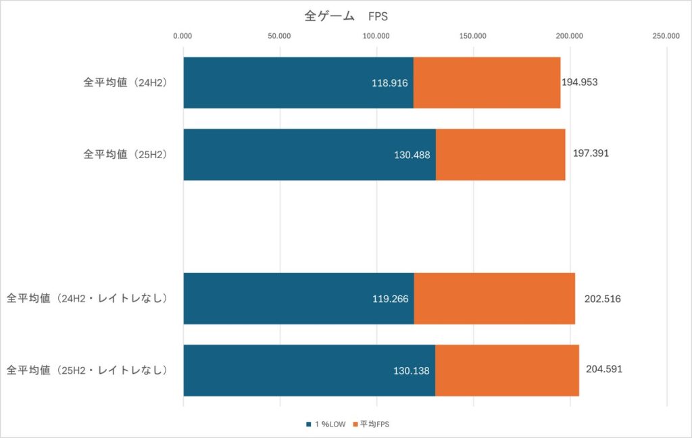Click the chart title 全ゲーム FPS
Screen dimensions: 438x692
pos(345,16)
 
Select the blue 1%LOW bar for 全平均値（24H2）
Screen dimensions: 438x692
pos(297,82)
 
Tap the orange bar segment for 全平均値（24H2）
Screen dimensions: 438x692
pos(487,82)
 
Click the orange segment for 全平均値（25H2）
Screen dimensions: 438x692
pos(500,154)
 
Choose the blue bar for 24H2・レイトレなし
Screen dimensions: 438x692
pos(298,298)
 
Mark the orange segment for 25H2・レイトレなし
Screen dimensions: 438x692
pos(507,370)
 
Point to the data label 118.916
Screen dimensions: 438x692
pos(390,82)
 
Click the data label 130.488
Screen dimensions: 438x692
pos(412,154)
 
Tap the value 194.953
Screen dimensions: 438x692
pos(580,82)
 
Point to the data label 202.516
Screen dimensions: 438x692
pos(602,298)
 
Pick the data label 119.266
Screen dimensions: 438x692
pos(390,298)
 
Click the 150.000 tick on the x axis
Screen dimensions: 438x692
pos(473,36)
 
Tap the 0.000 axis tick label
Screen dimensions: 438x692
pos(182,36)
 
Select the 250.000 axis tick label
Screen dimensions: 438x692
pos(666,36)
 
